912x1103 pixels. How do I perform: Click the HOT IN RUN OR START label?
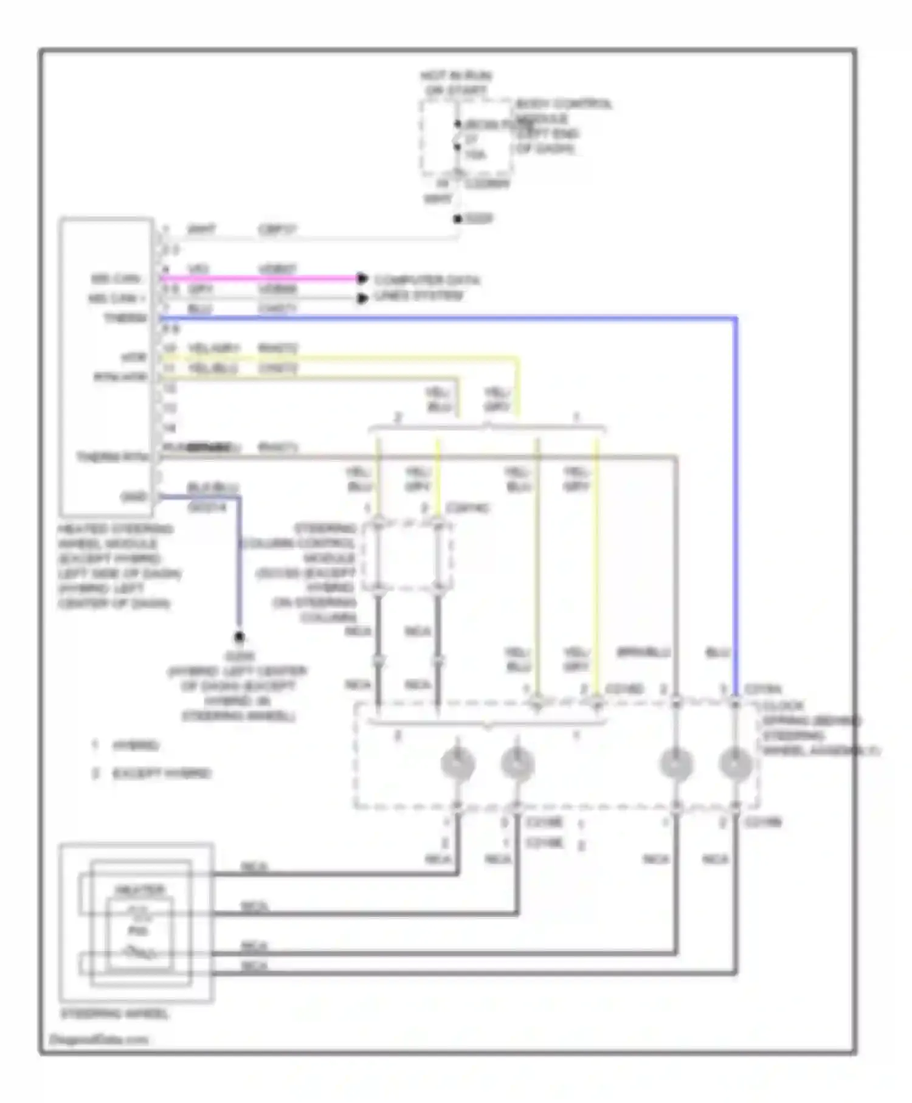click(456, 83)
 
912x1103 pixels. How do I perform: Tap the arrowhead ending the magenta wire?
click(362, 278)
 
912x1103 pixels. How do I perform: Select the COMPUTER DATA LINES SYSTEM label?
click(426, 288)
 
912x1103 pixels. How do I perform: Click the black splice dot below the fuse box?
click(458, 219)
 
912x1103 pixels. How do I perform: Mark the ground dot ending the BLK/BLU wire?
click(240, 637)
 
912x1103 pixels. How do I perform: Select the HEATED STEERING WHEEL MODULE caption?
click(119, 565)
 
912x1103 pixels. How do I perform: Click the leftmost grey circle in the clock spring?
click(458, 764)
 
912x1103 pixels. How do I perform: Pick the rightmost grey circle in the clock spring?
click(736, 764)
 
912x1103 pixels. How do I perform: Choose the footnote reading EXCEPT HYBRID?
click(161, 773)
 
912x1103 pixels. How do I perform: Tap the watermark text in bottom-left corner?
click(97, 1039)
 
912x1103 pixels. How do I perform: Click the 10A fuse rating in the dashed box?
click(475, 155)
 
